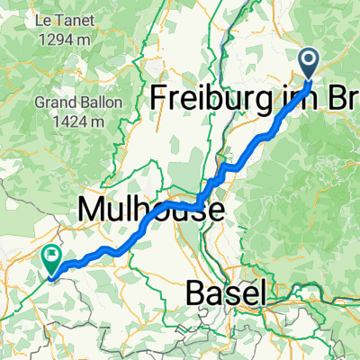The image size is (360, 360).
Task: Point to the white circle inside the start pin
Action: pos(308,61)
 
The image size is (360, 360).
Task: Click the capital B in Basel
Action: pos(197,292)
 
